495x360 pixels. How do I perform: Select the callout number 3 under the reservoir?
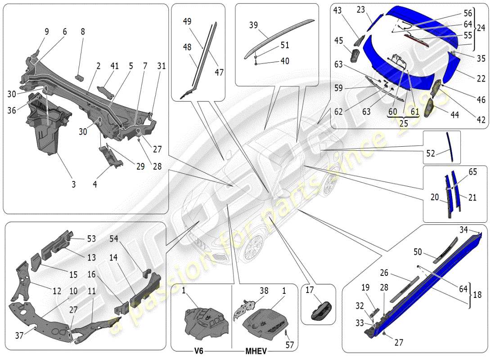click(x=73, y=184)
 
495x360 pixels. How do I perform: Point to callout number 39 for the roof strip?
click(x=253, y=25)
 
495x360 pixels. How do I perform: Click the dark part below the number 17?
click(x=321, y=311)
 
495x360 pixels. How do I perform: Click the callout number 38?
click(x=264, y=291)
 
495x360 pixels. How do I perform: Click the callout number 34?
click(x=464, y=230)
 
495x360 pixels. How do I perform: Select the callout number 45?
click(x=339, y=41)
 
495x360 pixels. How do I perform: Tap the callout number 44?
click(x=454, y=115)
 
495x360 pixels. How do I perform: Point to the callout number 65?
click(x=472, y=171)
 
